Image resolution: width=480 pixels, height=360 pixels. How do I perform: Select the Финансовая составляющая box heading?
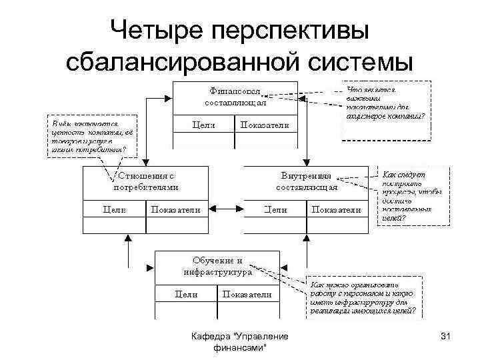[235, 97]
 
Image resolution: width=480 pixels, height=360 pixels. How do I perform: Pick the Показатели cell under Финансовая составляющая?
[265, 125]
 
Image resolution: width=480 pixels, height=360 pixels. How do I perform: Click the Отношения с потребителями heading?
[146, 181]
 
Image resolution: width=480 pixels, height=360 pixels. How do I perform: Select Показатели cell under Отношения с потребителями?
[176, 209]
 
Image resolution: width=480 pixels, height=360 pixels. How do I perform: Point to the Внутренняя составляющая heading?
[306, 181]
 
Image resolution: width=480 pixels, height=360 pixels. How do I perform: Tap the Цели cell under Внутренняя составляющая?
[275, 209]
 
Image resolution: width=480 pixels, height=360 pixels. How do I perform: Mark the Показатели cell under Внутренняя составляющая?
[337, 209]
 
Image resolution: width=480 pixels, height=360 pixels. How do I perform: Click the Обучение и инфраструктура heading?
[217, 266]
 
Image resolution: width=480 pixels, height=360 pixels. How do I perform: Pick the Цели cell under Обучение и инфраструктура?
[186, 294]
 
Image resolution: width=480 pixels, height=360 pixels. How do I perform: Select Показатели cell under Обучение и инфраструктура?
[247, 294]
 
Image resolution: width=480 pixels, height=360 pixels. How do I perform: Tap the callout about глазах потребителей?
[91, 137]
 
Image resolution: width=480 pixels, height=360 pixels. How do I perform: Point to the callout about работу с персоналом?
[363, 297]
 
